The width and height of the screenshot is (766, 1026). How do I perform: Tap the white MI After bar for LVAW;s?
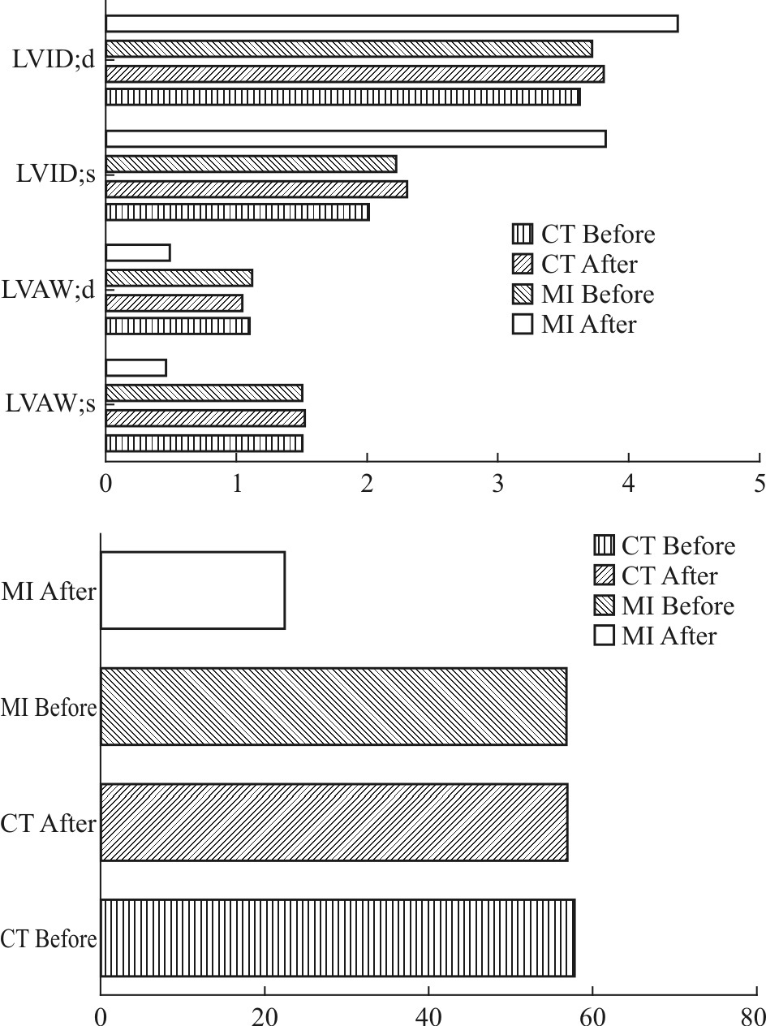136,368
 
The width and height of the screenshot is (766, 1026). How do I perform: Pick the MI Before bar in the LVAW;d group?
179,278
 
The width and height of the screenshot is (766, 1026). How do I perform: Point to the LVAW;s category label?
50,403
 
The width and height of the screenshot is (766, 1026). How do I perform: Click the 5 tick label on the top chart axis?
760,483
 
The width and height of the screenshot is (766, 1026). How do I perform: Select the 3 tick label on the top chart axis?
497,483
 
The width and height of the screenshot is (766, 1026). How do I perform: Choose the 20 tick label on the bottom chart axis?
265,1016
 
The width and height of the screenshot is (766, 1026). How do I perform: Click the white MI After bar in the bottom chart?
192,590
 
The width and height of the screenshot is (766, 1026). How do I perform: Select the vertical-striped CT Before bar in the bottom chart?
337,938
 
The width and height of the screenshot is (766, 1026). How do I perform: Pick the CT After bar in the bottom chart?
334,822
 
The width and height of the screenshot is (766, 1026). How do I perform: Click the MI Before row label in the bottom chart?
49,708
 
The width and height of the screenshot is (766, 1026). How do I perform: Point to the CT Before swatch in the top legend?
523,235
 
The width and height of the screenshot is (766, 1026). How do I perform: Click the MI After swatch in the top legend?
523,324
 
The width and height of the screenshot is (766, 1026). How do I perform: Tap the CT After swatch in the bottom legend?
605,576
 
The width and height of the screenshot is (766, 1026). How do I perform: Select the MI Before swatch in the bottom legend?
605,606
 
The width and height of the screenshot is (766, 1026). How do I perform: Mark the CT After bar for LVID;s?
256,189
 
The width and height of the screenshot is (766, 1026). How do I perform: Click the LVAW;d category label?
50,290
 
